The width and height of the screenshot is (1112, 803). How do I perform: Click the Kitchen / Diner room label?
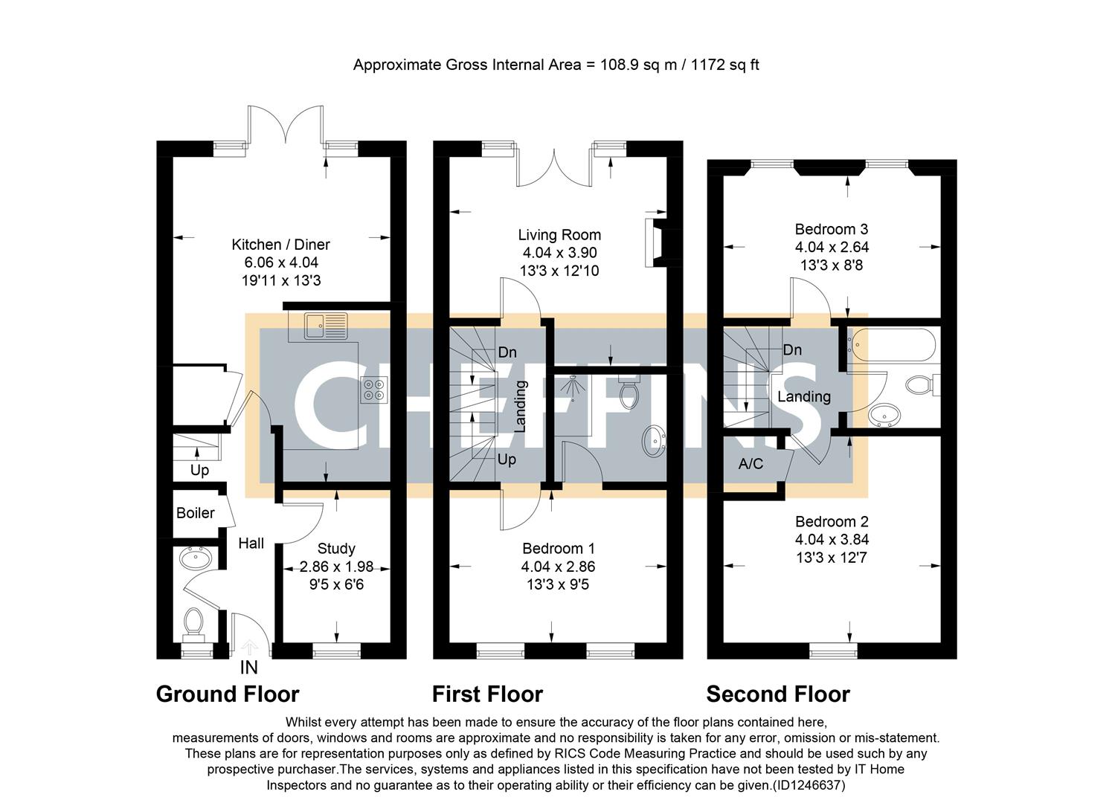pos(280,245)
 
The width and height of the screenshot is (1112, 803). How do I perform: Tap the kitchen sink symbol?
pos(326,326)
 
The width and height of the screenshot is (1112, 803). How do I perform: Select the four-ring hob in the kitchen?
pos(373,390)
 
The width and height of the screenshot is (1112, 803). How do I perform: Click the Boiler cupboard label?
pos(195,513)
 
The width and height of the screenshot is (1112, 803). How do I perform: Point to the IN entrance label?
pos(248,668)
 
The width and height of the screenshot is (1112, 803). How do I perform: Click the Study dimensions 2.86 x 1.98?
pos(336,567)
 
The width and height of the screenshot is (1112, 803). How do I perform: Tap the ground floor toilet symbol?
pos(194,622)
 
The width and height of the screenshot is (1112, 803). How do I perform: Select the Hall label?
pos(251,544)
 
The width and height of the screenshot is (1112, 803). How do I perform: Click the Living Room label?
pos(559,235)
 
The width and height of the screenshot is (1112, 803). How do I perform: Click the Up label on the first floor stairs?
pos(507,459)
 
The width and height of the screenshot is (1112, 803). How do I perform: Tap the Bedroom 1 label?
pos(558,549)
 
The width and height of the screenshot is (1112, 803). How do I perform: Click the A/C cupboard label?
pos(750,464)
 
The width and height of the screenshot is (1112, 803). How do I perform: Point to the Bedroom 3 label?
pos(831,229)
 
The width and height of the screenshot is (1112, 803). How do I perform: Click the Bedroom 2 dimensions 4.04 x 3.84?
pos(832,540)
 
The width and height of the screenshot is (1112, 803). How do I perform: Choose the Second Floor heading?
pos(777,694)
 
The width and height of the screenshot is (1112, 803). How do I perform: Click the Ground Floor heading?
pos(228,694)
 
